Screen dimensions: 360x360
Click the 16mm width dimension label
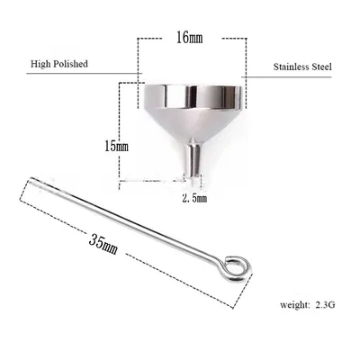pos(189,38)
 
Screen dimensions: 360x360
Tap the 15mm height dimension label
pos(116,146)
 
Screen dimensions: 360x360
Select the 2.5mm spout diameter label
pos(194,198)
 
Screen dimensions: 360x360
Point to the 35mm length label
pos(103,244)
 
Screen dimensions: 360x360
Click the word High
pos(39,64)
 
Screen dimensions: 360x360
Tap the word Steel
pos(321,67)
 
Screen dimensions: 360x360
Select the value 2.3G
pos(325,305)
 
